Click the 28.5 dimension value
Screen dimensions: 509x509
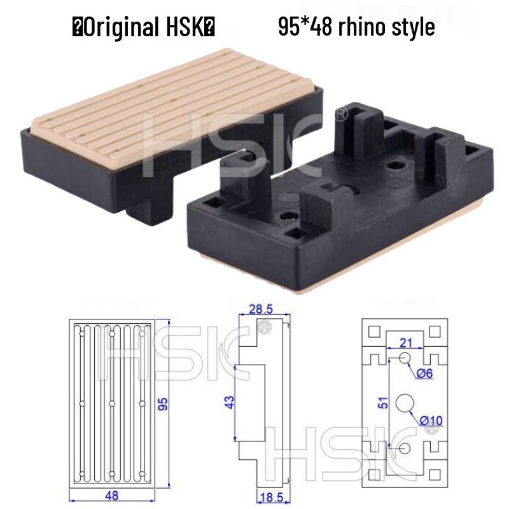(x=260, y=309)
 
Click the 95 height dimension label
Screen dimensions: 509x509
(x=163, y=404)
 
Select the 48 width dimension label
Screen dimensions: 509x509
(x=112, y=495)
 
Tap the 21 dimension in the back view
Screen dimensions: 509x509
(x=406, y=343)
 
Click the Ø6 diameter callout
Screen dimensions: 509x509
(x=424, y=374)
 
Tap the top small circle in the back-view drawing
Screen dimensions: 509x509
(x=404, y=359)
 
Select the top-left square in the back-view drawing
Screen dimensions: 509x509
(x=374, y=331)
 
